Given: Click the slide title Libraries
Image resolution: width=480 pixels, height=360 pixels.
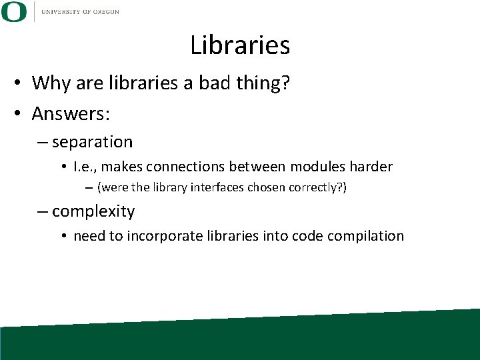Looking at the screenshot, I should click(x=240, y=45).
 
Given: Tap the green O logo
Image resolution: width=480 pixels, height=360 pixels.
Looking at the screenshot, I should click(x=14, y=12).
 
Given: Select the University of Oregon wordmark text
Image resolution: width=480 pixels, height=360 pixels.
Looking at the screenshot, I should click(x=80, y=12).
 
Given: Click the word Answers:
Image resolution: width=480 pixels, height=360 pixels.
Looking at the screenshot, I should click(x=71, y=113).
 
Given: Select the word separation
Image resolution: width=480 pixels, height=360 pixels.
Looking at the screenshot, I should click(x=92, y=142).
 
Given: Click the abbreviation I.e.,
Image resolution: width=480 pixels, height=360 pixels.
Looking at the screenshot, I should click(x=88, y=167).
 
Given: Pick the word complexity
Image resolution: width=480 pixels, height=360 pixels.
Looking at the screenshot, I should click(x=93, y=212).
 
